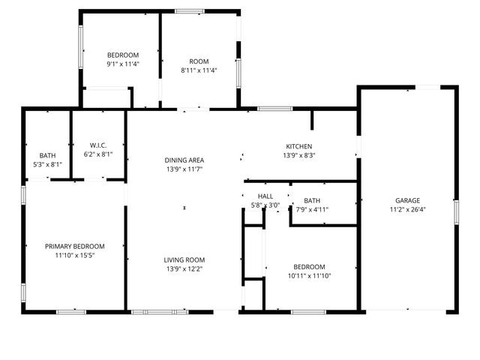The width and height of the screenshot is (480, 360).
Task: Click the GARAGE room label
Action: (408, 200)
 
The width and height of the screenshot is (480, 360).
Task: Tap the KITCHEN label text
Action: (299, 146)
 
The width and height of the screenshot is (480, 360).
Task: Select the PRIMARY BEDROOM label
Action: (74, 246)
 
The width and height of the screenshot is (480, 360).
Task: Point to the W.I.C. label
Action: (98, 145)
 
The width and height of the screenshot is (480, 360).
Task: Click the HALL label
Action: (264, 196)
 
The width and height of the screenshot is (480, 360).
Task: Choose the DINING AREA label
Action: (184, 160)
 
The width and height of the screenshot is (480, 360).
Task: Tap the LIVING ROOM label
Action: (184, 259)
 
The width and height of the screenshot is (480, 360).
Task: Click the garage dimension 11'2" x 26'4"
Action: (408, 210)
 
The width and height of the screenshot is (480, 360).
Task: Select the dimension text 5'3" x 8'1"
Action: (48, 164)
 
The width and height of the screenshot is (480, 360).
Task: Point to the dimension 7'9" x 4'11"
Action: (312, 210)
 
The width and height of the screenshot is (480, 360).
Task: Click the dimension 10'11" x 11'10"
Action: (309, 276)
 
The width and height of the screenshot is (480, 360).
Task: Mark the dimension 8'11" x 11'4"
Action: (199, 70)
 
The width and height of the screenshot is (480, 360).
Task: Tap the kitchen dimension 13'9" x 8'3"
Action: (299, 155)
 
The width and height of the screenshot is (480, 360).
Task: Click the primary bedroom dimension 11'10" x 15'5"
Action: (74, 255)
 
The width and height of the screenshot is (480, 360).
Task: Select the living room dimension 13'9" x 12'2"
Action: (184, 268)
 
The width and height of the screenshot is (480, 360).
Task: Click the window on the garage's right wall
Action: (455, 211)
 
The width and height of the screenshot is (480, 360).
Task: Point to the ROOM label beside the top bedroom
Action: (199, 61)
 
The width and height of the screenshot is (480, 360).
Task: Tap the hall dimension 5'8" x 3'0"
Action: (264, 205)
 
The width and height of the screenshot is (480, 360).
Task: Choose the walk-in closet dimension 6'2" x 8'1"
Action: (98, 154)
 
